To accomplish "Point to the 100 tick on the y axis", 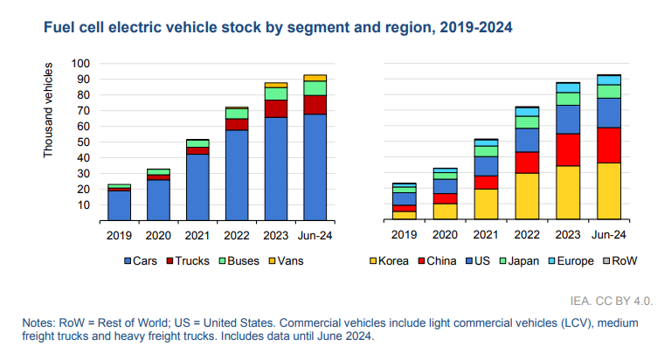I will (x=80, y=64).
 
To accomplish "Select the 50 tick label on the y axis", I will (x=84, y=142).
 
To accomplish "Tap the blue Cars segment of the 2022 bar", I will (x=237, y=175).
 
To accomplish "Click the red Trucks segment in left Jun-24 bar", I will (x=315, y=104).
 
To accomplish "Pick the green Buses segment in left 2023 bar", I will (x=276, y=93).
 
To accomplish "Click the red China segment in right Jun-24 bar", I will (x=609, y=145).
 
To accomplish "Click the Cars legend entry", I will (x=142, y=260).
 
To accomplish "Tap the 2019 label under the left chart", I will (x=119, y=235).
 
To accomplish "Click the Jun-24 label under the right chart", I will (x=609, y=235).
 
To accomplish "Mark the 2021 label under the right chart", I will (x=487, y=235).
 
